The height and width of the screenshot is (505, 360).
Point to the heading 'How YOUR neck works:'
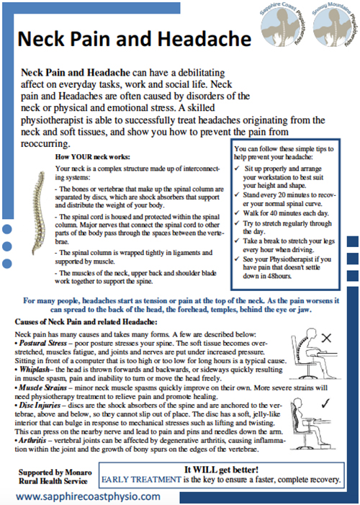point(91,156)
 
